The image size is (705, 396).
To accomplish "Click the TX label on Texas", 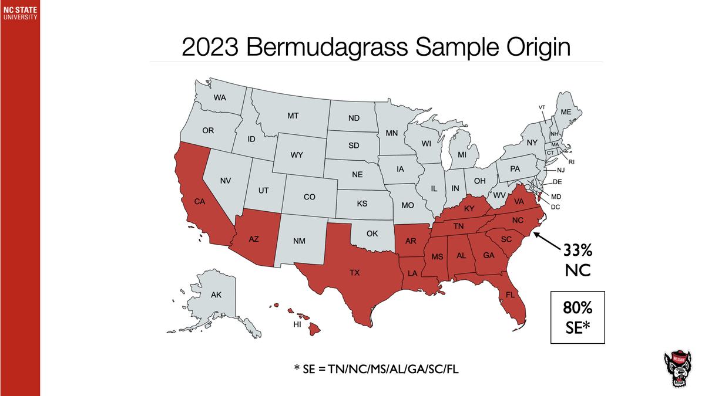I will click(354, 273).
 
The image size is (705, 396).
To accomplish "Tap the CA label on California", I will click(199, 202).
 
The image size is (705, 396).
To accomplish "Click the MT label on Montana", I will click(293, 116).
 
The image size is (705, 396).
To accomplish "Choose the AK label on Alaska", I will click(216, 295).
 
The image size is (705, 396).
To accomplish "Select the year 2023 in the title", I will click(209, 47).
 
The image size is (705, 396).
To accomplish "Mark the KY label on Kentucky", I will click(469, 208).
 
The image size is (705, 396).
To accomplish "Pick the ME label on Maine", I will click(566, 111).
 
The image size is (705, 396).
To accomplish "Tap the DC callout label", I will click(556, 206).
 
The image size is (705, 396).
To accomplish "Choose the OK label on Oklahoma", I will click(371, 233).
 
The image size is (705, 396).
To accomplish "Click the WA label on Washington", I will click(220, 97).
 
